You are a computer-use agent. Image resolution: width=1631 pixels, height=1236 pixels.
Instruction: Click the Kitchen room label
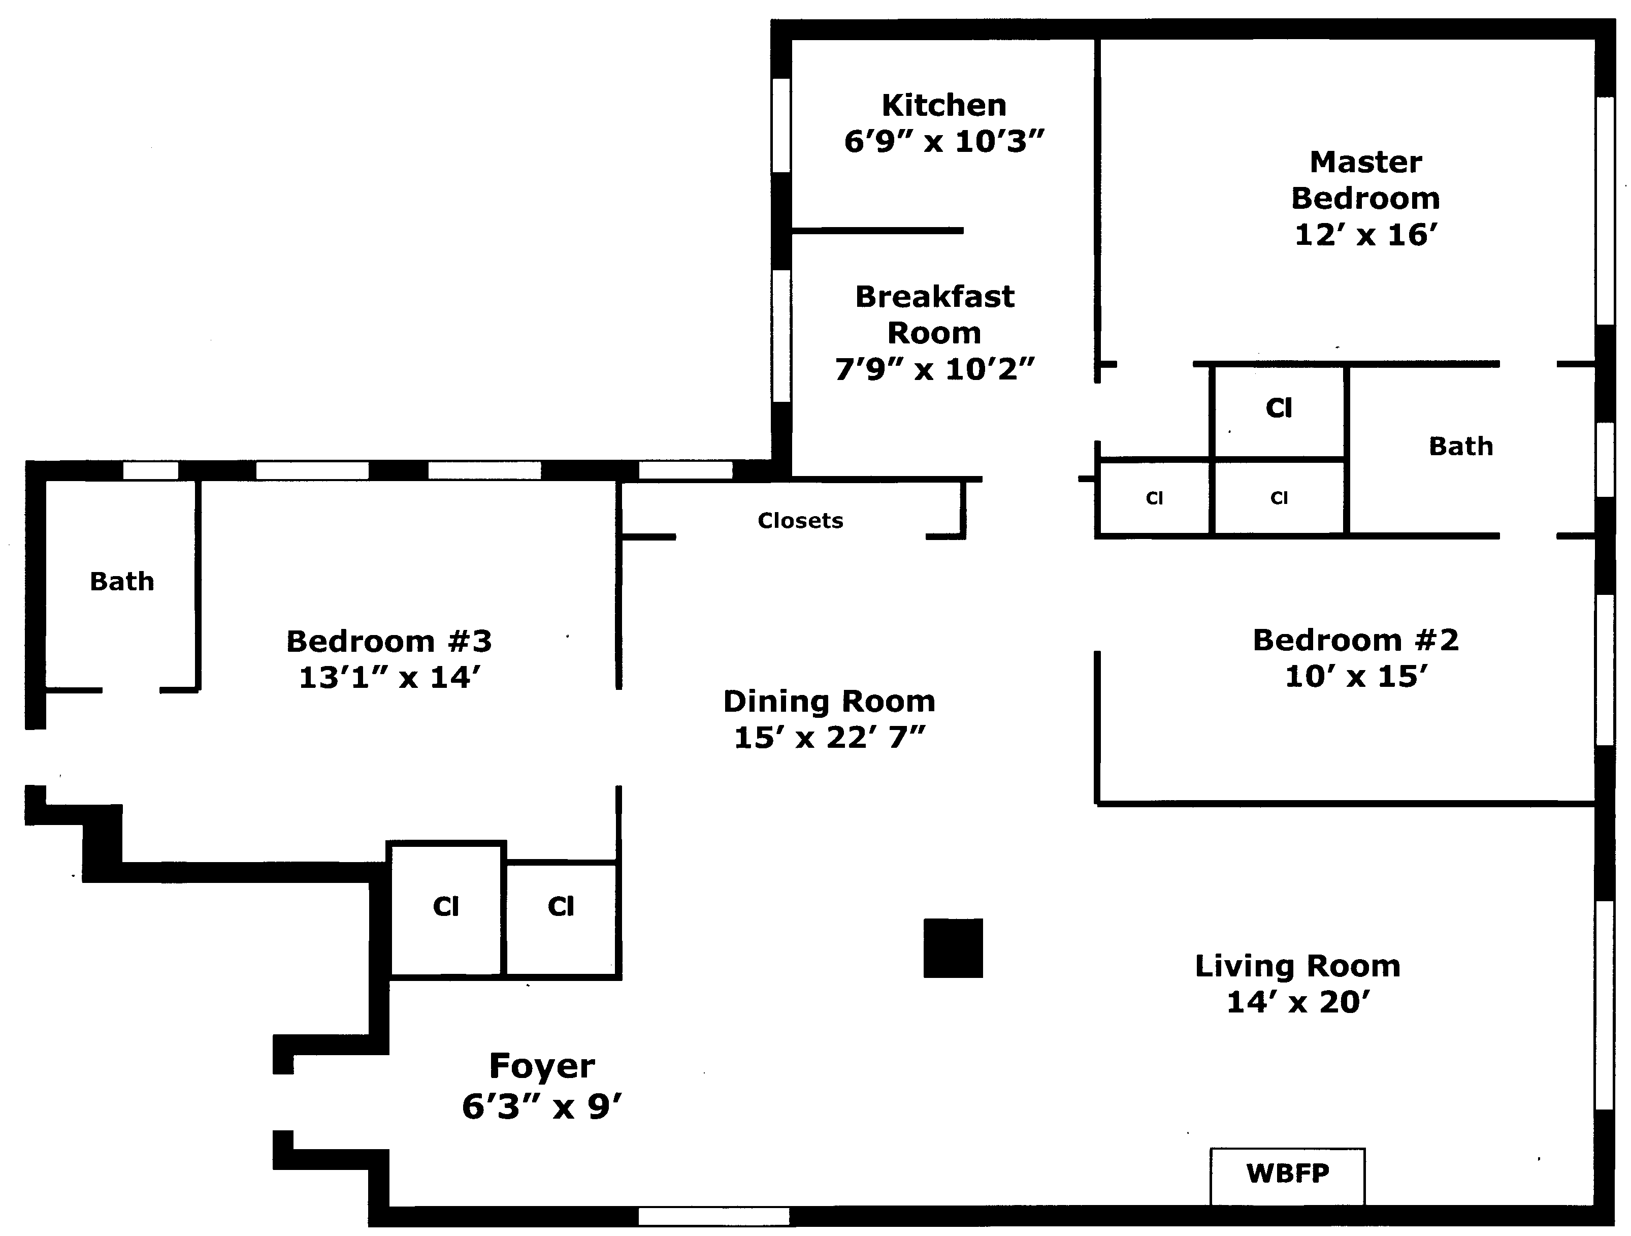944,106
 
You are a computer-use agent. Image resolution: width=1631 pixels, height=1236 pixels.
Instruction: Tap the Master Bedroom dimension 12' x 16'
1365,235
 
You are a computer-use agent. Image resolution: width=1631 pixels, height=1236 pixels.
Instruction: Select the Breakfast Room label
934,314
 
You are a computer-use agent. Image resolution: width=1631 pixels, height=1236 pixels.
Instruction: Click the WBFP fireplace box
1287,1174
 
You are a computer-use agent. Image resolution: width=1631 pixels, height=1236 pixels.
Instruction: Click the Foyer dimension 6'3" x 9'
542,1107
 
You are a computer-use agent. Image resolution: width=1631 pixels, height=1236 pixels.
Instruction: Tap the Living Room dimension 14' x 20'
1298,1002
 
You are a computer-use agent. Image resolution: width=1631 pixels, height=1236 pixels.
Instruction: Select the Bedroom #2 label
1355,640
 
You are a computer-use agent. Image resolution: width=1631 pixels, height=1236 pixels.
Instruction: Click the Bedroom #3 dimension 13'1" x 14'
389,678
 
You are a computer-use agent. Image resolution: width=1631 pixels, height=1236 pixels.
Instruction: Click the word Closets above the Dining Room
800,521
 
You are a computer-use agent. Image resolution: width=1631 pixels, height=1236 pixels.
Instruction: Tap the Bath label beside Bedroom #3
122,582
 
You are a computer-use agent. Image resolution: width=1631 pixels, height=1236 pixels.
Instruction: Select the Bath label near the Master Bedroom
1461,446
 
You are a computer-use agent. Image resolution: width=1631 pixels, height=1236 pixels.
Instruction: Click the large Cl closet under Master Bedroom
1279,408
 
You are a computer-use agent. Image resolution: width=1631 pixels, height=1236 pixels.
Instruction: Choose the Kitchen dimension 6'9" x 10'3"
944,142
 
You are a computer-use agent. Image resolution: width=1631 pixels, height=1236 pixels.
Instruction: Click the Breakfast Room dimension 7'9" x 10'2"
934,369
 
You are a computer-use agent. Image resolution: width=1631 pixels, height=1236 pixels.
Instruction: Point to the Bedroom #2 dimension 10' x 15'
1355,676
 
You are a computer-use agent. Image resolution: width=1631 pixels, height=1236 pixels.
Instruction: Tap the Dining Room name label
830,702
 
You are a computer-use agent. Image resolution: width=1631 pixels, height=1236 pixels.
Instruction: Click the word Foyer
542,1066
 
